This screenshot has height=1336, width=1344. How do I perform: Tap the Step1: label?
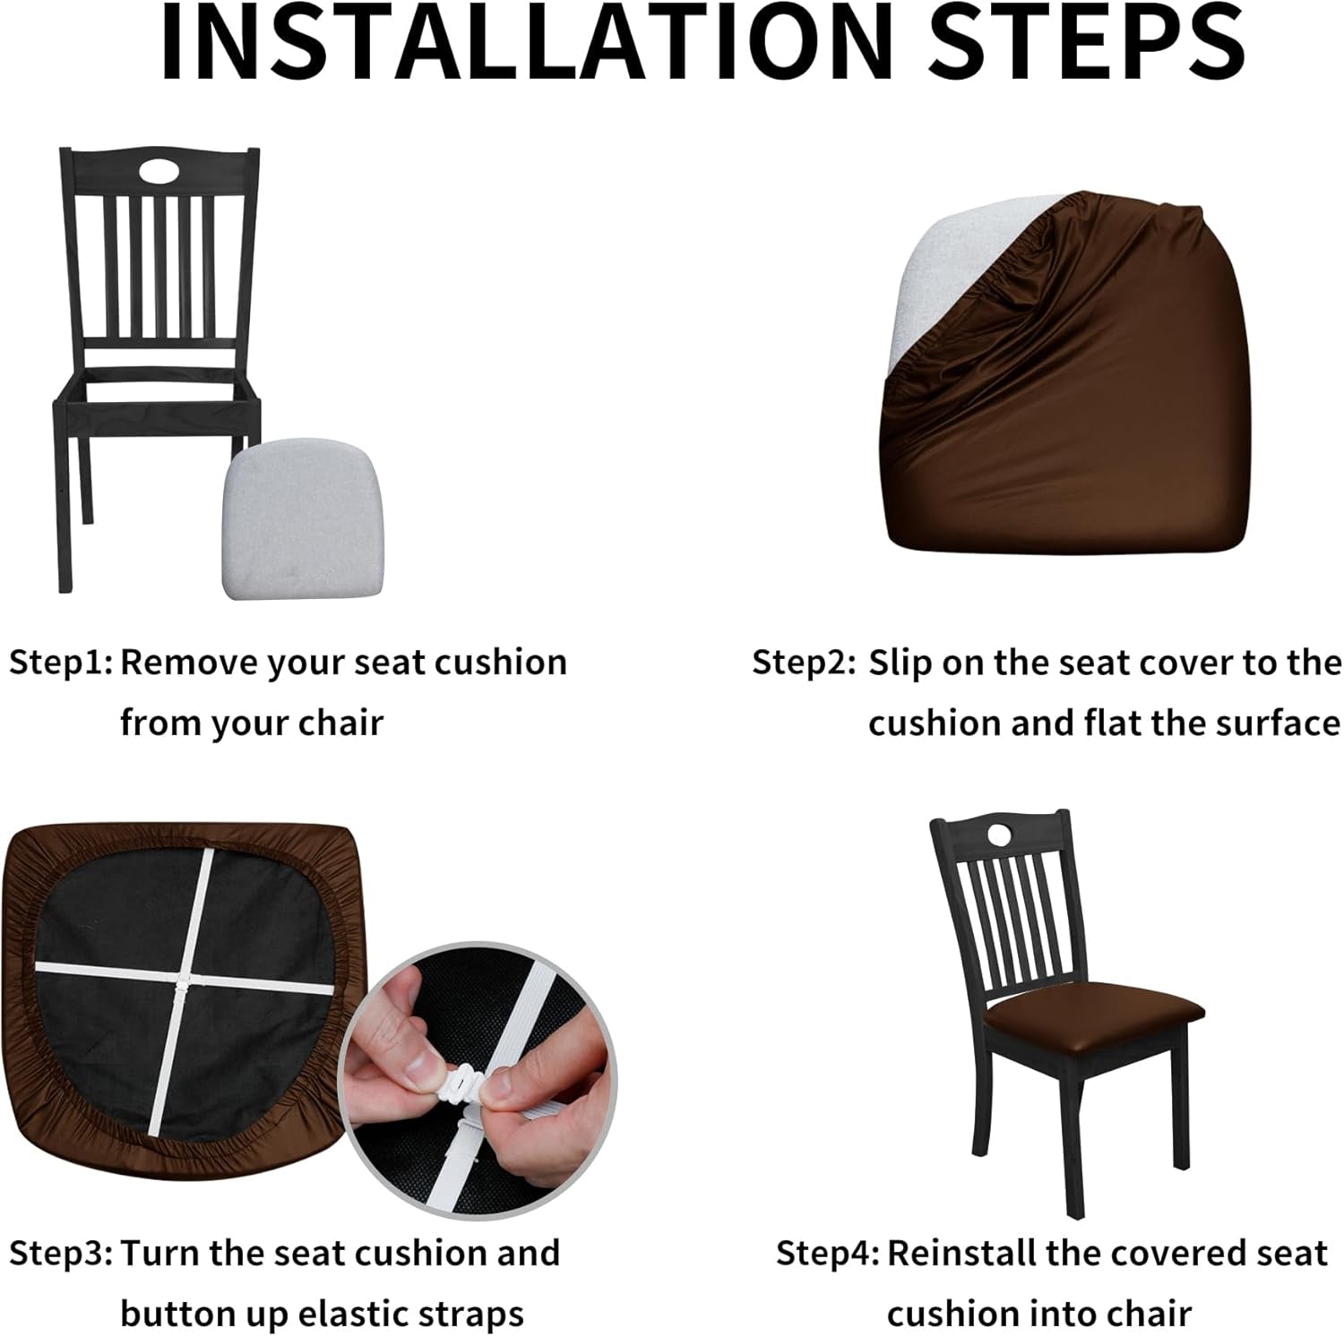[x=61, y=664]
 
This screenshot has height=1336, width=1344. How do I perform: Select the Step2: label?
[x=804, y=664]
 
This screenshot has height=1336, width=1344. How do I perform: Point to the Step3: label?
[x=61, y=1254]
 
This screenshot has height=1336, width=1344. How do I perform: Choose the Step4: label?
[x=827, y=1254]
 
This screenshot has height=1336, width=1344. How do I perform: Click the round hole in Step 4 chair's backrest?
[x=999, y=835]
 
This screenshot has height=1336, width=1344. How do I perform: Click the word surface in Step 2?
[x=1279, y=724]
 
